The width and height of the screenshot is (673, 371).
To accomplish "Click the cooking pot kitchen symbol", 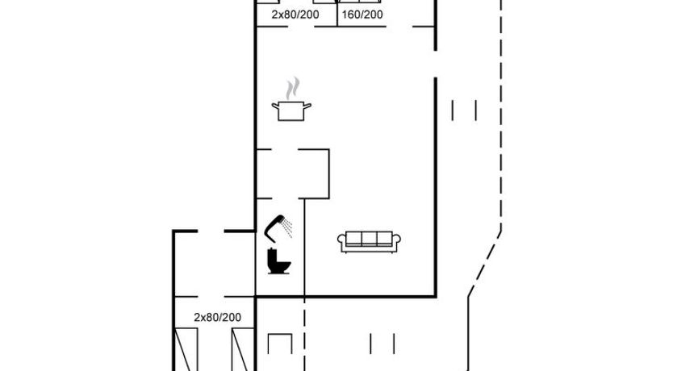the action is (x=291, y=110).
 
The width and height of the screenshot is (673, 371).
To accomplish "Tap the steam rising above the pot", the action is (x=293, y=87).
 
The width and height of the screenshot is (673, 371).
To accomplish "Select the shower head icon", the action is (x=274, y=227).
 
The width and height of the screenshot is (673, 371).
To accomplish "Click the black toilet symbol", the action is (x=278, y=261).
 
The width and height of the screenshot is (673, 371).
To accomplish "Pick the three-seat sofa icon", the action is (x=369, y=241).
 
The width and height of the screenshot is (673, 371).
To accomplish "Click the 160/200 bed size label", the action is (x=362, y=15).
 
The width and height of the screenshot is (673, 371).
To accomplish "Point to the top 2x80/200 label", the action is (x=295, y=15).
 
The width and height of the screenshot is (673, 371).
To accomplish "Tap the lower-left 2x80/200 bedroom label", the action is (x=218, y=318).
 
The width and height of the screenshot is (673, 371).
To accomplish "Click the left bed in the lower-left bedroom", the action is (x=186, y=349).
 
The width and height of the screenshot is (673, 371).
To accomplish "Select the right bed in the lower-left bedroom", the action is (x=243, y=349).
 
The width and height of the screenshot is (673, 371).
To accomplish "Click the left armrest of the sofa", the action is (x=341, y=241).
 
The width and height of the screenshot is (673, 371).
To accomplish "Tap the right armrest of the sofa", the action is (x=396, y=241).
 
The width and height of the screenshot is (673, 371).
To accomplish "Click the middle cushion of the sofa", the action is (x=369, y=239).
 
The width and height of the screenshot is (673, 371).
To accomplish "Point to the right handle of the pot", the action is (x=307, y=106).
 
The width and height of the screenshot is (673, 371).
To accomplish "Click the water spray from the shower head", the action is (x=287, y=228).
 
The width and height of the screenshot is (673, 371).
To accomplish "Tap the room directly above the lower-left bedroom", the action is (x=215, y=264).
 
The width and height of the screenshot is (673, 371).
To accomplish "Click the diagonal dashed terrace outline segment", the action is (x=485, y=264).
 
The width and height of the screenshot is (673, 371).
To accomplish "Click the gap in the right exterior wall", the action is (x=436, y=65).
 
